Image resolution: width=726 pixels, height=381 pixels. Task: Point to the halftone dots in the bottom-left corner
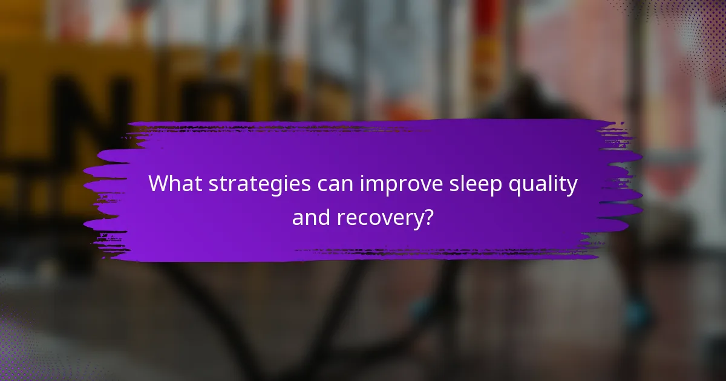24,351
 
